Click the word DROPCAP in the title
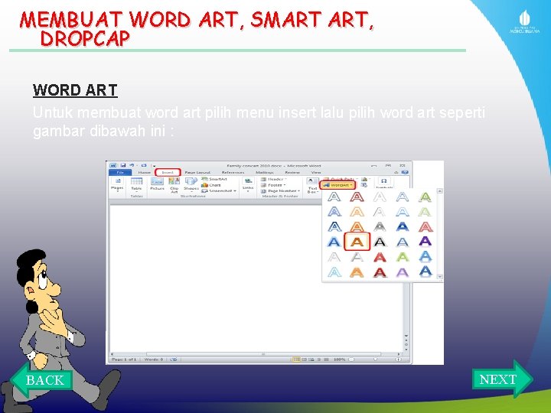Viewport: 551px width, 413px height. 85,39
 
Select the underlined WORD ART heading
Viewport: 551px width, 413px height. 75,90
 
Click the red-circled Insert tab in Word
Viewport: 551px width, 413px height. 167,173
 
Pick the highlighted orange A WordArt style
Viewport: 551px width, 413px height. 357,242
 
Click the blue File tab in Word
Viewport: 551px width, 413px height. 119,173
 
